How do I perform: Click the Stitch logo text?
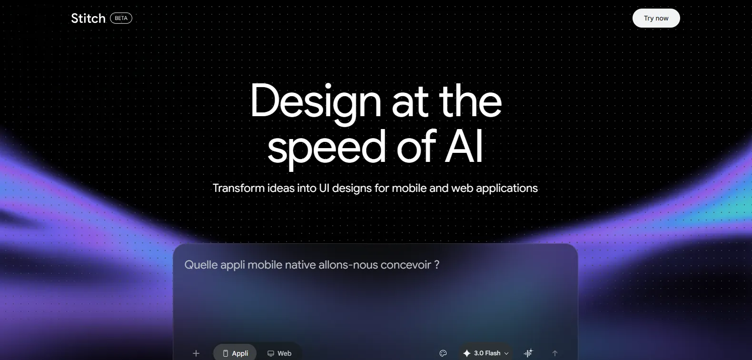point(89,19)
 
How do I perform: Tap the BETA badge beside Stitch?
point(121,18)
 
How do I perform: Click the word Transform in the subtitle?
point(239,188)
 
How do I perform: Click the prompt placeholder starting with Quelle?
point(312,265)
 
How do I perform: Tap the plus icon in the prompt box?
point(196,353)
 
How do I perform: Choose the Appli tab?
point(235,353)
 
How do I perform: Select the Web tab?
point(279,353)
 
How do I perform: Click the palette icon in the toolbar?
point(443,353)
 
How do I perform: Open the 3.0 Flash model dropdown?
point(486,353)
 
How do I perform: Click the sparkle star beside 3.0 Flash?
point(466,353)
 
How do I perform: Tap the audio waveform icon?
point(528,353)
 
